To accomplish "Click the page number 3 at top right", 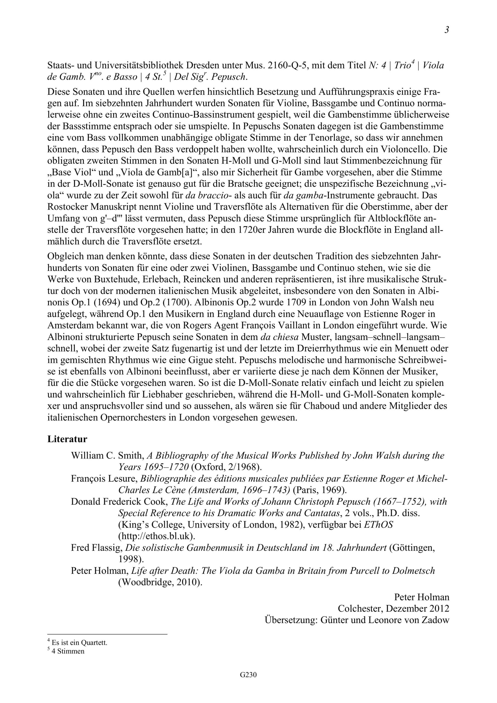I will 447,30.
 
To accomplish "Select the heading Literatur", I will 67,439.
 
